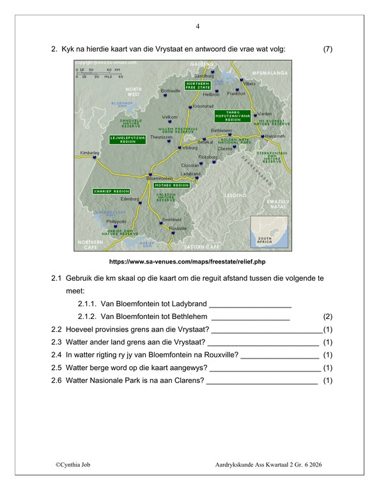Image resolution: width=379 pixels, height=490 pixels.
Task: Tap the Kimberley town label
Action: coord(89,152)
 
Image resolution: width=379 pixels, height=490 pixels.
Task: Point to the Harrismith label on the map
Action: coord(276,137)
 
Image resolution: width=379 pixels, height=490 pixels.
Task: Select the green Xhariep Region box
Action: coord(111,191)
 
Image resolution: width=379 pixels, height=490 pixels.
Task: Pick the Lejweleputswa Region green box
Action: coord(128,139)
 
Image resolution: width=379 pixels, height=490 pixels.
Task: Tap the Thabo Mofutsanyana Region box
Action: coord(233,115)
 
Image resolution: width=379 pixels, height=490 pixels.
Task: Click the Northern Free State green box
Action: coord(197,85)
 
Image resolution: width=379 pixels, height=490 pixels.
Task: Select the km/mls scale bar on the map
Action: coord(99,73)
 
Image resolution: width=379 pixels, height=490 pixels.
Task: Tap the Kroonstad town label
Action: coord(203,106)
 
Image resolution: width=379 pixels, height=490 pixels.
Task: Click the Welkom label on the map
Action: coord(169,117)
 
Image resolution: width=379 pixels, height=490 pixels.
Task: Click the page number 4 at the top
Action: coord(197,27)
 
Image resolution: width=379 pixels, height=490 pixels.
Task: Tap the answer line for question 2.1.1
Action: coord(250,304)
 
